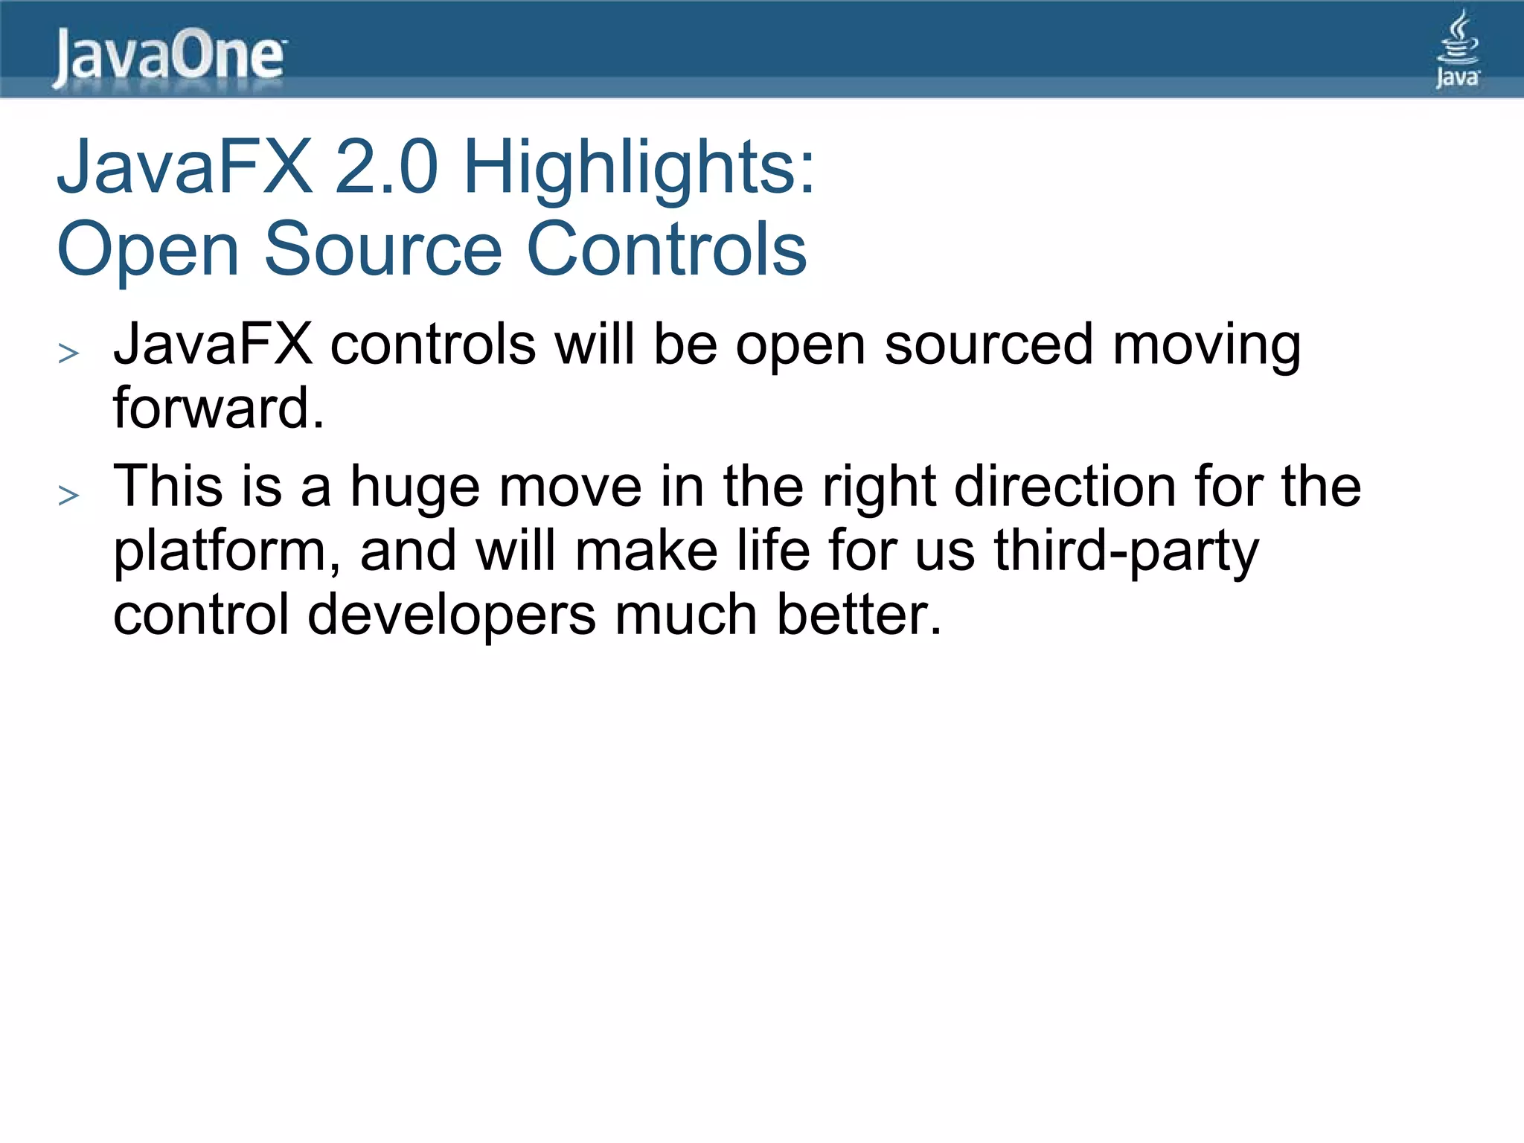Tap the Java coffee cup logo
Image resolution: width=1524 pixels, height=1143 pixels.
click(1457, 49)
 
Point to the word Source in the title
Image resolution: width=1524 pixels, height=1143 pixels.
click(383, 249)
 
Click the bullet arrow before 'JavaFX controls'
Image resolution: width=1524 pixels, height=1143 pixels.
click(68, 353)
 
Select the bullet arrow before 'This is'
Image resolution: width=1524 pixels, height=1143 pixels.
click(68, 495)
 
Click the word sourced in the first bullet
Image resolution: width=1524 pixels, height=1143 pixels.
click(989, 345)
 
